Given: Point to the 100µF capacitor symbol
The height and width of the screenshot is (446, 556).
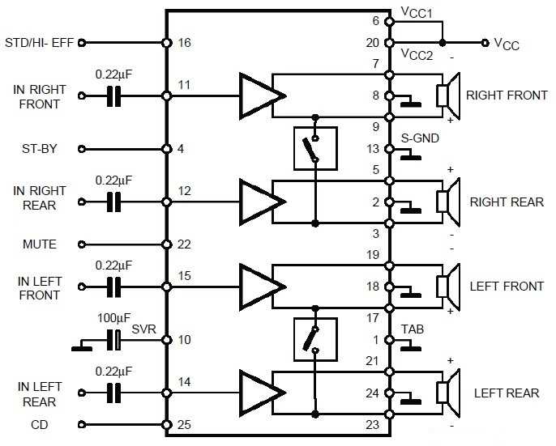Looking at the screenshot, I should [x=116, y=341].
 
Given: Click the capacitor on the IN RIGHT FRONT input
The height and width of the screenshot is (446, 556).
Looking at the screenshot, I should [x=116, y=96].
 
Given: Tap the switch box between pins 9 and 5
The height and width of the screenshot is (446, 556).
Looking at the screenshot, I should [x=314, y=149].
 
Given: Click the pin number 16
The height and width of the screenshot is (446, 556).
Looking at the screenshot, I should [x=184, y=42].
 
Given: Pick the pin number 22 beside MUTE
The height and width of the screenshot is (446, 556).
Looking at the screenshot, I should [x=184, y=244].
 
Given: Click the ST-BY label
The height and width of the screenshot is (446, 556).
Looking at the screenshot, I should [x=39, y=149].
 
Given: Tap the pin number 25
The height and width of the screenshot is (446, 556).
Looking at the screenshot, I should [x=184, y=424].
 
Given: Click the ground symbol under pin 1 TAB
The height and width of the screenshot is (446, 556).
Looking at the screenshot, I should [x=411, y=349].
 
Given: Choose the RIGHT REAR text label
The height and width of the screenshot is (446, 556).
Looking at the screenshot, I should [x=507, y=202].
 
